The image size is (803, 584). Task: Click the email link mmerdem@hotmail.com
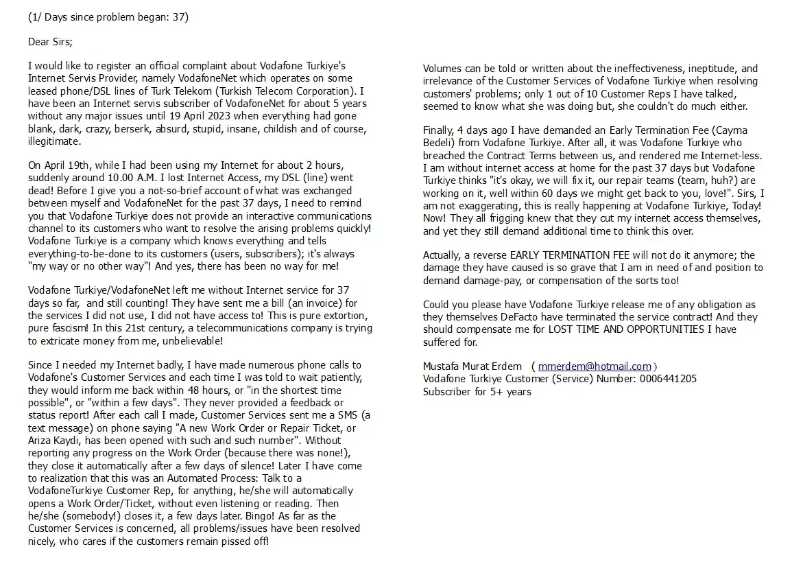pos(595,366)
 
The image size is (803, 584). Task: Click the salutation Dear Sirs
pos(49,42)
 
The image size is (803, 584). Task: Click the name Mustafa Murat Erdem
pos(472,366)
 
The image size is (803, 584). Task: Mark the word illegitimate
pos(54,141)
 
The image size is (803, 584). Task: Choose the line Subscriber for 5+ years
pos(477,392)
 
